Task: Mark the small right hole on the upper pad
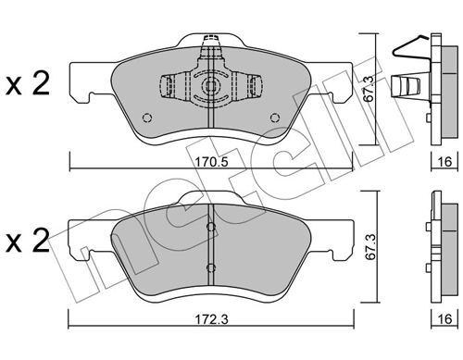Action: coord(274,117)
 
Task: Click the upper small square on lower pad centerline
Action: coord(211,228)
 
